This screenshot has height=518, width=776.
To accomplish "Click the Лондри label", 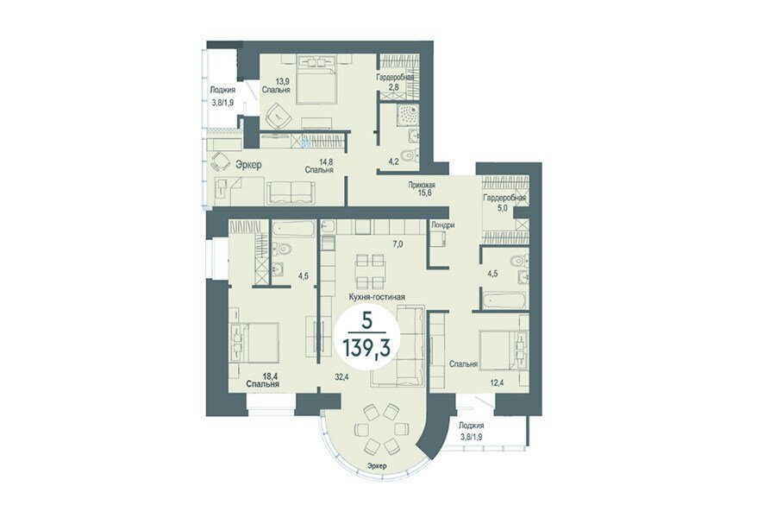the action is click(x=442, y=225).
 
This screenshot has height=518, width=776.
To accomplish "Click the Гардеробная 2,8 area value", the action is click(x=394, y=86).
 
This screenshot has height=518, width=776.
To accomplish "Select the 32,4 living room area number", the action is click(x=341, y=376).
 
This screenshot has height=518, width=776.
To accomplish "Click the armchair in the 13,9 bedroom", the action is click(x=279, y=116).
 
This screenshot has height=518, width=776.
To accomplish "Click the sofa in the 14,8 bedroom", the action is click(x=291, y=192).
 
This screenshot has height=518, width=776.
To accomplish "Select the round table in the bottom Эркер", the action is click(x=380, y=428).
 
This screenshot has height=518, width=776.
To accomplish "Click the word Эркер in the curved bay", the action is click(x=377, y=465).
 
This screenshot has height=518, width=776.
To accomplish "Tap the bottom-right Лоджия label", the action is click(x=471, y=426).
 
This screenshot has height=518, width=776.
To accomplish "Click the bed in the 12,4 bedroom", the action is click(x=504, y=351).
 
